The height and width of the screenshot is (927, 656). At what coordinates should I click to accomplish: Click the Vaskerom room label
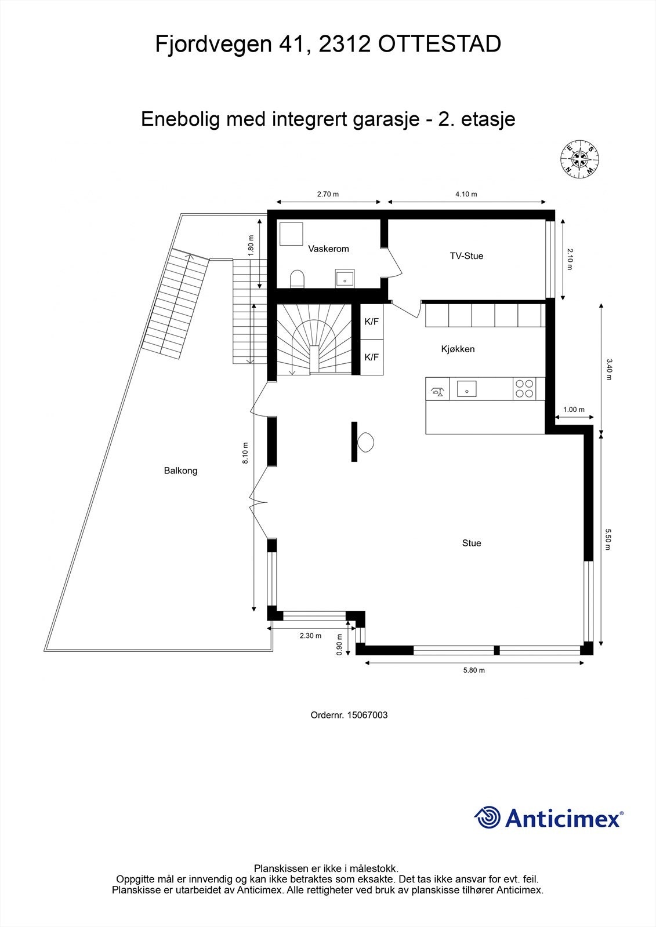click(328, 249)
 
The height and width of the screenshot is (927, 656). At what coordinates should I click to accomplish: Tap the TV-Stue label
click(466, 256)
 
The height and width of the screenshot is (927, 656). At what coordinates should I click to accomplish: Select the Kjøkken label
click(458, 349)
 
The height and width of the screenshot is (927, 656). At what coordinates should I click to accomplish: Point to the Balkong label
click(180, 470)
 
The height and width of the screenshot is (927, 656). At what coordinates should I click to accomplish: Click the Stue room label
click(472, 543)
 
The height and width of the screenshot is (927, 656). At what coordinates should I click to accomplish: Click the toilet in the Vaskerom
click(297, 279)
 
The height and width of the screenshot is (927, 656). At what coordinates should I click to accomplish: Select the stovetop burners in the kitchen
click(524, 388)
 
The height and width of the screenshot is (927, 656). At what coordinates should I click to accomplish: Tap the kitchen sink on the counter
click(466, 388)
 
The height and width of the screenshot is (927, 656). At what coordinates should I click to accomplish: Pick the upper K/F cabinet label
click(371, 321)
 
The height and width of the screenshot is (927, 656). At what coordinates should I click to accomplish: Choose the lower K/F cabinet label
click(371, 357)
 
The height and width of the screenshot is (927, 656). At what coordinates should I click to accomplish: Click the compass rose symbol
click(579, 159)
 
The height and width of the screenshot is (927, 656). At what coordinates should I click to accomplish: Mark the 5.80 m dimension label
click(473, 670)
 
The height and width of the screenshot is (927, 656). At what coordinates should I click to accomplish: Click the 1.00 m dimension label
click(574, 410)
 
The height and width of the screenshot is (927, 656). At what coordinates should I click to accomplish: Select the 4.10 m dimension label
click(466, 194)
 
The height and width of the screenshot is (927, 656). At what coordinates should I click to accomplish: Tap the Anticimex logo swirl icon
click(487, 817)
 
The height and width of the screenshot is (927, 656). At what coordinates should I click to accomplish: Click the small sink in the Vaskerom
click(345, 279)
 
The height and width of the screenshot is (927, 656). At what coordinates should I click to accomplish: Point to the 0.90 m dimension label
click(339, 644)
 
